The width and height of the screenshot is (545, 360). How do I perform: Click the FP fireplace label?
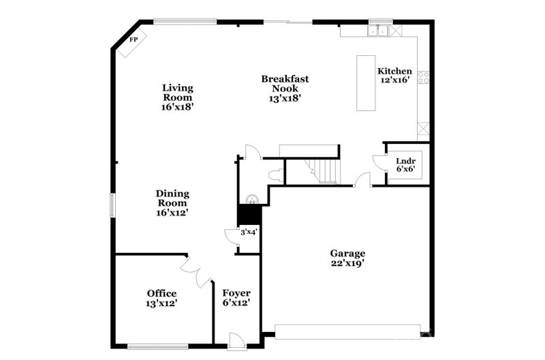point(134,40)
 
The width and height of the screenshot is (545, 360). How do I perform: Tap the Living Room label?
point(177,97)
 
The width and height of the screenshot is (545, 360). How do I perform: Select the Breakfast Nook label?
point(285,88)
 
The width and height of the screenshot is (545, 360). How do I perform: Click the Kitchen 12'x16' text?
point(395,75)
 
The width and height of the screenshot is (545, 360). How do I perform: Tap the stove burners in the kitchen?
point(424,76)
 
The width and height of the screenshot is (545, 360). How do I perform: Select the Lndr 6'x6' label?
point(407,166)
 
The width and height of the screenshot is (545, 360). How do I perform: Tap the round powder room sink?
point(252,199)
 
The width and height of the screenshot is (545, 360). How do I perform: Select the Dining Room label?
point(172,202)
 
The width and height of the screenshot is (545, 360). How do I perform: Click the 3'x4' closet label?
point(249,233)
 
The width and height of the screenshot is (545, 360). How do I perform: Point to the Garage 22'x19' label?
point(348,258)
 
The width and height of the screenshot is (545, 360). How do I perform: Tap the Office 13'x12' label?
point(161,298)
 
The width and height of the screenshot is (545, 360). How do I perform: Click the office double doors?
point(196,271)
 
